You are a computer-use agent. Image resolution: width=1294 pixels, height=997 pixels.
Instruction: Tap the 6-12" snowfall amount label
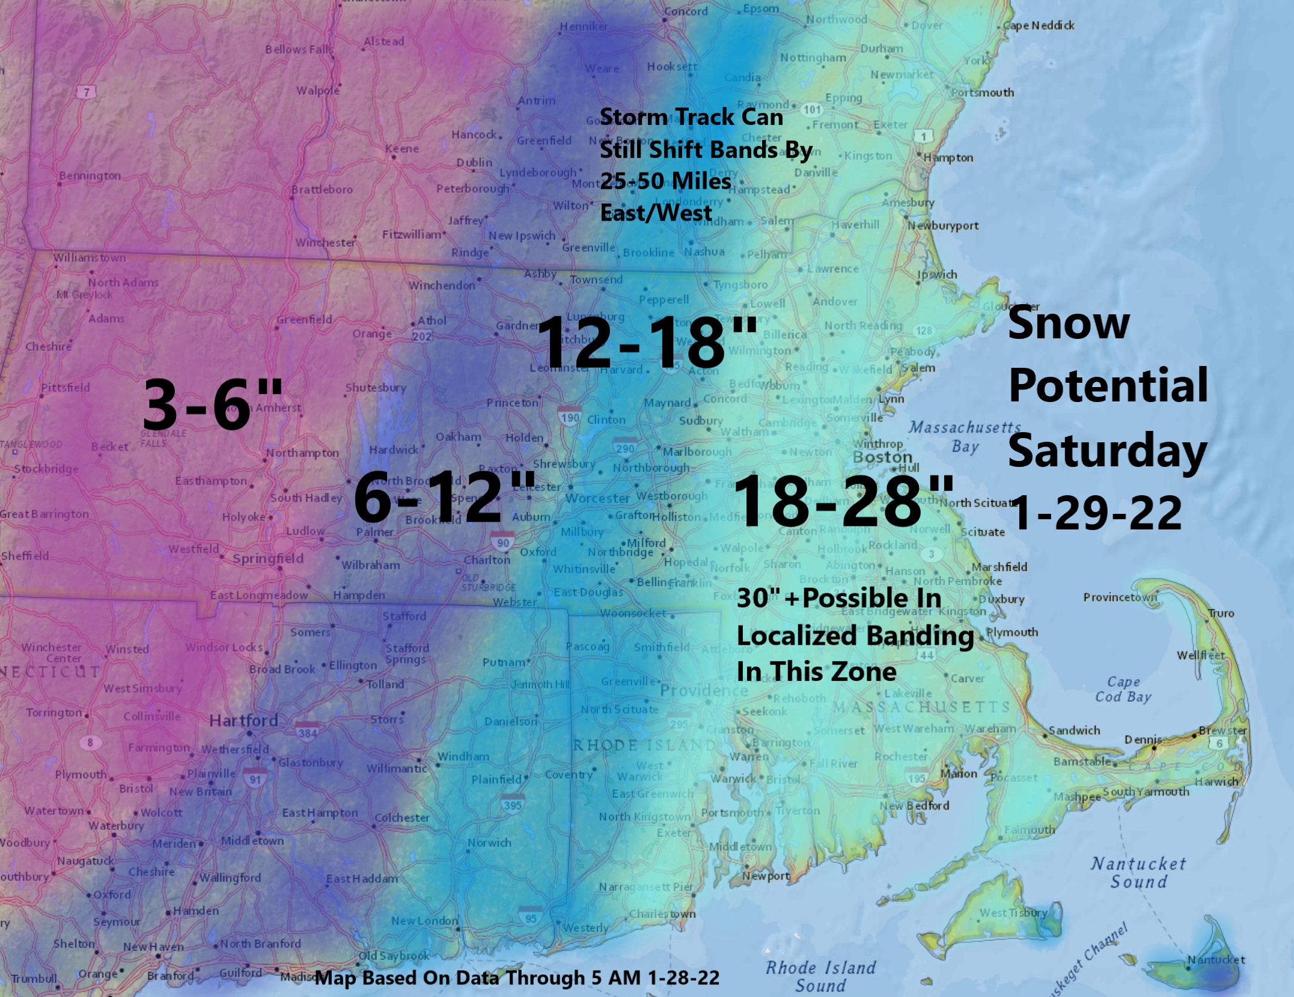click(444, 497)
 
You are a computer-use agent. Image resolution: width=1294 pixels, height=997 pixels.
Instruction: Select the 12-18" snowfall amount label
click(647, 343)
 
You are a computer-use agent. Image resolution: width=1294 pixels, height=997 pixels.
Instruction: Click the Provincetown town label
click(1119, 597)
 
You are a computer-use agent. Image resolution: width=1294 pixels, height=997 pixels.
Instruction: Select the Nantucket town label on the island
click(1215, 959)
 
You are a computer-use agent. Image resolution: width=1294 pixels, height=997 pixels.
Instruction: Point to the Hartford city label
click(243, 720)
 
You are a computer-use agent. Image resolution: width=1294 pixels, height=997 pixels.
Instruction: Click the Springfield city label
click(267, 558)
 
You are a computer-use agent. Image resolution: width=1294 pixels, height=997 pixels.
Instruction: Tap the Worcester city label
click(597, 498)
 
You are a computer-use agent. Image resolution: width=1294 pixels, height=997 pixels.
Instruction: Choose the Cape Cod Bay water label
click(1123, 689)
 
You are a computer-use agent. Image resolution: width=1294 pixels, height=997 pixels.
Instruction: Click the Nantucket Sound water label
click(1138, 873)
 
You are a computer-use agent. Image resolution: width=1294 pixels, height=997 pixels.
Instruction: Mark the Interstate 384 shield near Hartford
click(307, 733)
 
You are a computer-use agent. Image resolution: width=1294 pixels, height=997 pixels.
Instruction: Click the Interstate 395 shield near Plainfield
click(512, 804)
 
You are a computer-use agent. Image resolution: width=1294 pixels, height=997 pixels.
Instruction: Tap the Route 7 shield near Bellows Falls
click(87, 92)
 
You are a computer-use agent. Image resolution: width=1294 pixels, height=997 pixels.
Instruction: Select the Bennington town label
click(90, 175)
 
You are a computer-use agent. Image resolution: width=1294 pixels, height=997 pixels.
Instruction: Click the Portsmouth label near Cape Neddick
click(982, 93)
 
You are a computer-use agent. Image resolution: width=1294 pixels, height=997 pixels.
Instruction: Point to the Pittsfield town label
click(66, 388)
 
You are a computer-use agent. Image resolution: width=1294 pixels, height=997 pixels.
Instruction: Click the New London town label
click(424, 920)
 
